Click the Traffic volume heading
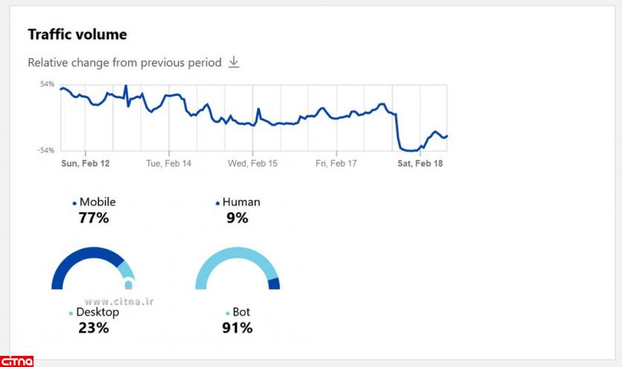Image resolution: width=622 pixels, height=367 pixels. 77,34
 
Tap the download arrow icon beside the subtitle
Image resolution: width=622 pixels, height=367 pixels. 234,62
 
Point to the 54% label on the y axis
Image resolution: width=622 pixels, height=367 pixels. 48,84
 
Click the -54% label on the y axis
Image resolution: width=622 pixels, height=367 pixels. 46,150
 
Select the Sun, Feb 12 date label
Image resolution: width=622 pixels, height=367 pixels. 85,163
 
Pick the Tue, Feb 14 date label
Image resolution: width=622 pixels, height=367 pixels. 168,163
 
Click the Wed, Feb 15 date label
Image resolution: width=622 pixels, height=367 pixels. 253,163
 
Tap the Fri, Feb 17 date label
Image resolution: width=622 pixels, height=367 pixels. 336,163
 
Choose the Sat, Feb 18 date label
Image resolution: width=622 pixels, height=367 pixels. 420,163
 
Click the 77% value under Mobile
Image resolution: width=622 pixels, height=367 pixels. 94,218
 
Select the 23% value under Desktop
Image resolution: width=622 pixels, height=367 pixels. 94,328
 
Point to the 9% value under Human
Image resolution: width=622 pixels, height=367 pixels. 238,218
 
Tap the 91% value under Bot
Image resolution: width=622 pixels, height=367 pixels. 238,328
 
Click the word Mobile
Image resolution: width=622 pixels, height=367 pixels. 98,202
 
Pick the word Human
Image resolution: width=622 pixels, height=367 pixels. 241,202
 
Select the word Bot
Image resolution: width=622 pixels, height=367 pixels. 241,312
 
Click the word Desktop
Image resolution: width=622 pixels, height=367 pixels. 98,312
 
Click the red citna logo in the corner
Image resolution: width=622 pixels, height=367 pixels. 16,361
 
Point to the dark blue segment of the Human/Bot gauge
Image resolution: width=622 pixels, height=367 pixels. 274,284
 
